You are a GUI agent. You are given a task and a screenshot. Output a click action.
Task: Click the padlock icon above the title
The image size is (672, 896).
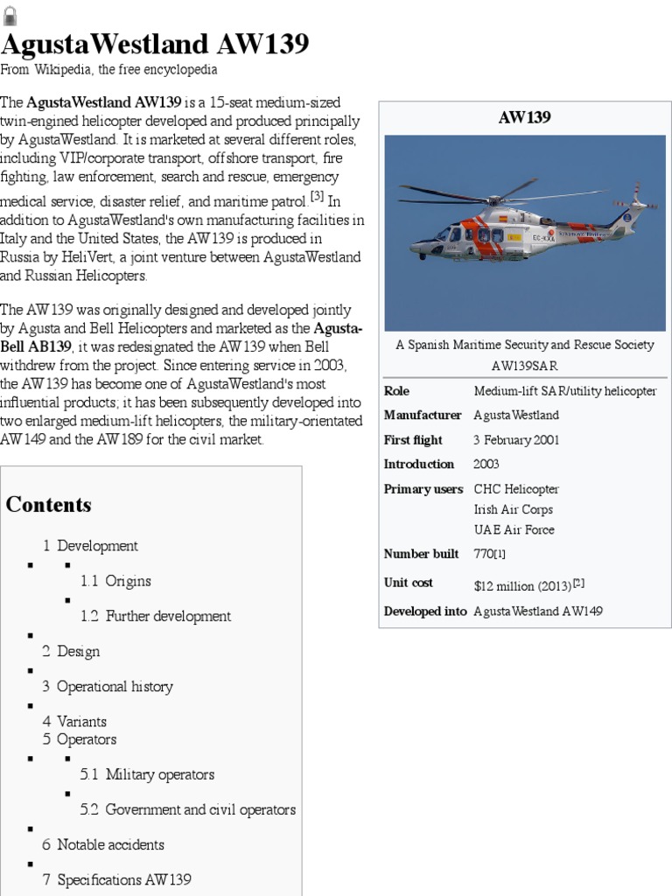(x=10, y=13)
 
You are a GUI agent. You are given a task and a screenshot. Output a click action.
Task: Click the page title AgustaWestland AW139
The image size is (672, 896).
(x=154, y=44)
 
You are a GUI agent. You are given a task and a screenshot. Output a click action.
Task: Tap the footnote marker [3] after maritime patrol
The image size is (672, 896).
(x=317, y=194)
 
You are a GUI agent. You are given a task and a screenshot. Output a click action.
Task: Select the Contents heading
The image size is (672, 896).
(x=49, y=505)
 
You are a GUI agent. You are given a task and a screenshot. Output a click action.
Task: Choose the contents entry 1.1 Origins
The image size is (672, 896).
(x=115, y=581)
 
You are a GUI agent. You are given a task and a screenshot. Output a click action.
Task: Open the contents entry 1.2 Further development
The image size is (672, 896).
(x=156, y=616)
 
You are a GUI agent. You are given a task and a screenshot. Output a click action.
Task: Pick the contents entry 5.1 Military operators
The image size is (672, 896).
(x=147, y=774)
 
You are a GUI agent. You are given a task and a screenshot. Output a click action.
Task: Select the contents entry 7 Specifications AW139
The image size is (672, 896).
(x=116, y=879)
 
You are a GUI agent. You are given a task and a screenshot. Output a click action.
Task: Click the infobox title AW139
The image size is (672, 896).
(x=524, y=117)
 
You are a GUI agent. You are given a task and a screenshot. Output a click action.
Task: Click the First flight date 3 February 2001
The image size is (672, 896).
(x=516, y=440)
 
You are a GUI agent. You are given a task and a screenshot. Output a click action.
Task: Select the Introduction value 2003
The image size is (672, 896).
(x=487, y=464)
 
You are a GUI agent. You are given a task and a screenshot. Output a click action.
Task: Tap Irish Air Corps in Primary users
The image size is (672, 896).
(x=513, y=509)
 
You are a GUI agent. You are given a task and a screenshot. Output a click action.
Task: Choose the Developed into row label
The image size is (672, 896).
(x=425, y=611)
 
